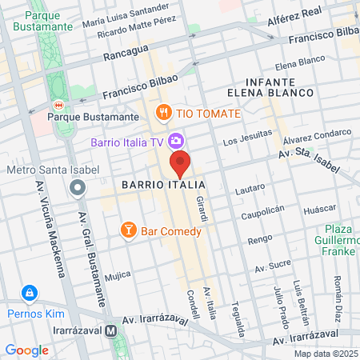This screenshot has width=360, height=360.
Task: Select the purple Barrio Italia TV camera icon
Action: (174, 142)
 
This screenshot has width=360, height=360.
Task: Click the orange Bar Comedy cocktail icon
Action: (127, 230)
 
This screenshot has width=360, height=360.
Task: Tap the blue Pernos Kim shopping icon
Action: (30, 294)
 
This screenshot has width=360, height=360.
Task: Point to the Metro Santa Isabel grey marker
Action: (77, 188)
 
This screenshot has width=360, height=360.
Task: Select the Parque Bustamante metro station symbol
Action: (58, 105)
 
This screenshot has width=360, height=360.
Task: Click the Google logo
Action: (26, 350)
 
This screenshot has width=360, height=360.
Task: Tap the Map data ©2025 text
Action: (326, 354)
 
